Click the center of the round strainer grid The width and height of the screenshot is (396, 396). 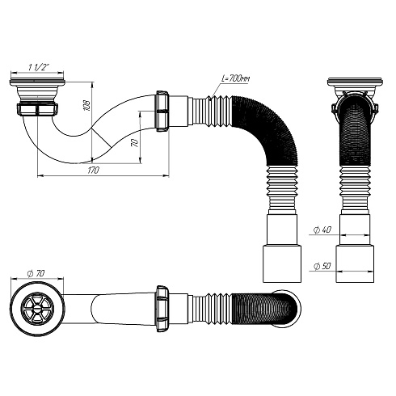[x=36, y=307]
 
